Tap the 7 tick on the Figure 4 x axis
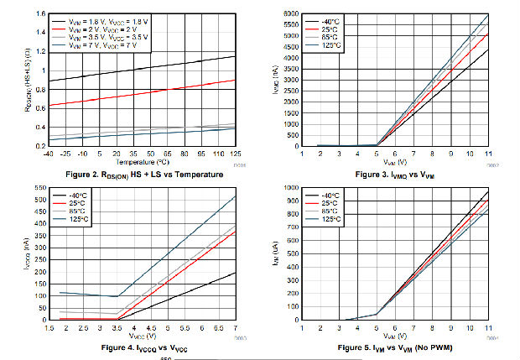pyautogui.click(x=234, y=326)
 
